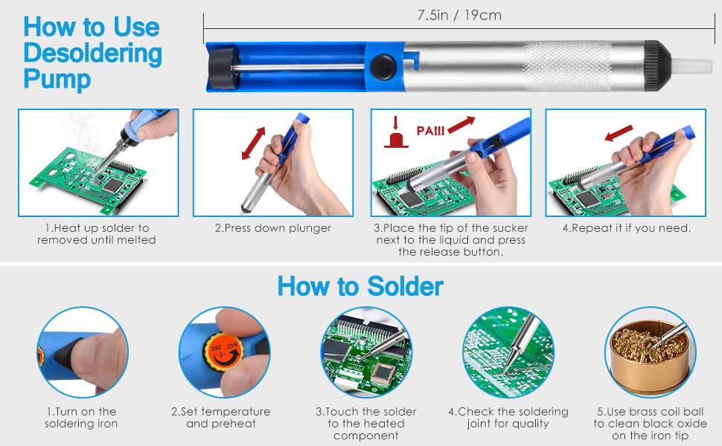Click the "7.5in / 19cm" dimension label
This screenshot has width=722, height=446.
tap(459, 15)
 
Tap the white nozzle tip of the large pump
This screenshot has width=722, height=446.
tap(691, 65)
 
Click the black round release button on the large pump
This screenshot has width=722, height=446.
tap(383, 67)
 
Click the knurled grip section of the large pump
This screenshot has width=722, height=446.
tap(566, 65)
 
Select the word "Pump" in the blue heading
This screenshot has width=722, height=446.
tap(57, 79)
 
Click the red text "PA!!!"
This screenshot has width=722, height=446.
tap(430, 131)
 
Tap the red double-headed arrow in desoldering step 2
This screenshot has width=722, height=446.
tap(254, 143)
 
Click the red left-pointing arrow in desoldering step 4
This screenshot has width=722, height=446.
tap(619, 133)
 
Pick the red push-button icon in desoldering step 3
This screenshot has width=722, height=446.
tap(396, 132)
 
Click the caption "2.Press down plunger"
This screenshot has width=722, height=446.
tap(273, 228)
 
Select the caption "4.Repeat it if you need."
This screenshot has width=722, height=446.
tap(626, 228)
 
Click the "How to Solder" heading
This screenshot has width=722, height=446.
tap(360, 286)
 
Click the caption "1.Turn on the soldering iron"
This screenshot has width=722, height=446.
tap(81, 418)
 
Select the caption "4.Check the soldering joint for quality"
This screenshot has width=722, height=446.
tap(508, 418)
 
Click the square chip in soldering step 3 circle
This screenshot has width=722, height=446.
tap(384, 374)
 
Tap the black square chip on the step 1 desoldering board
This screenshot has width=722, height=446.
tap(113, 184)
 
